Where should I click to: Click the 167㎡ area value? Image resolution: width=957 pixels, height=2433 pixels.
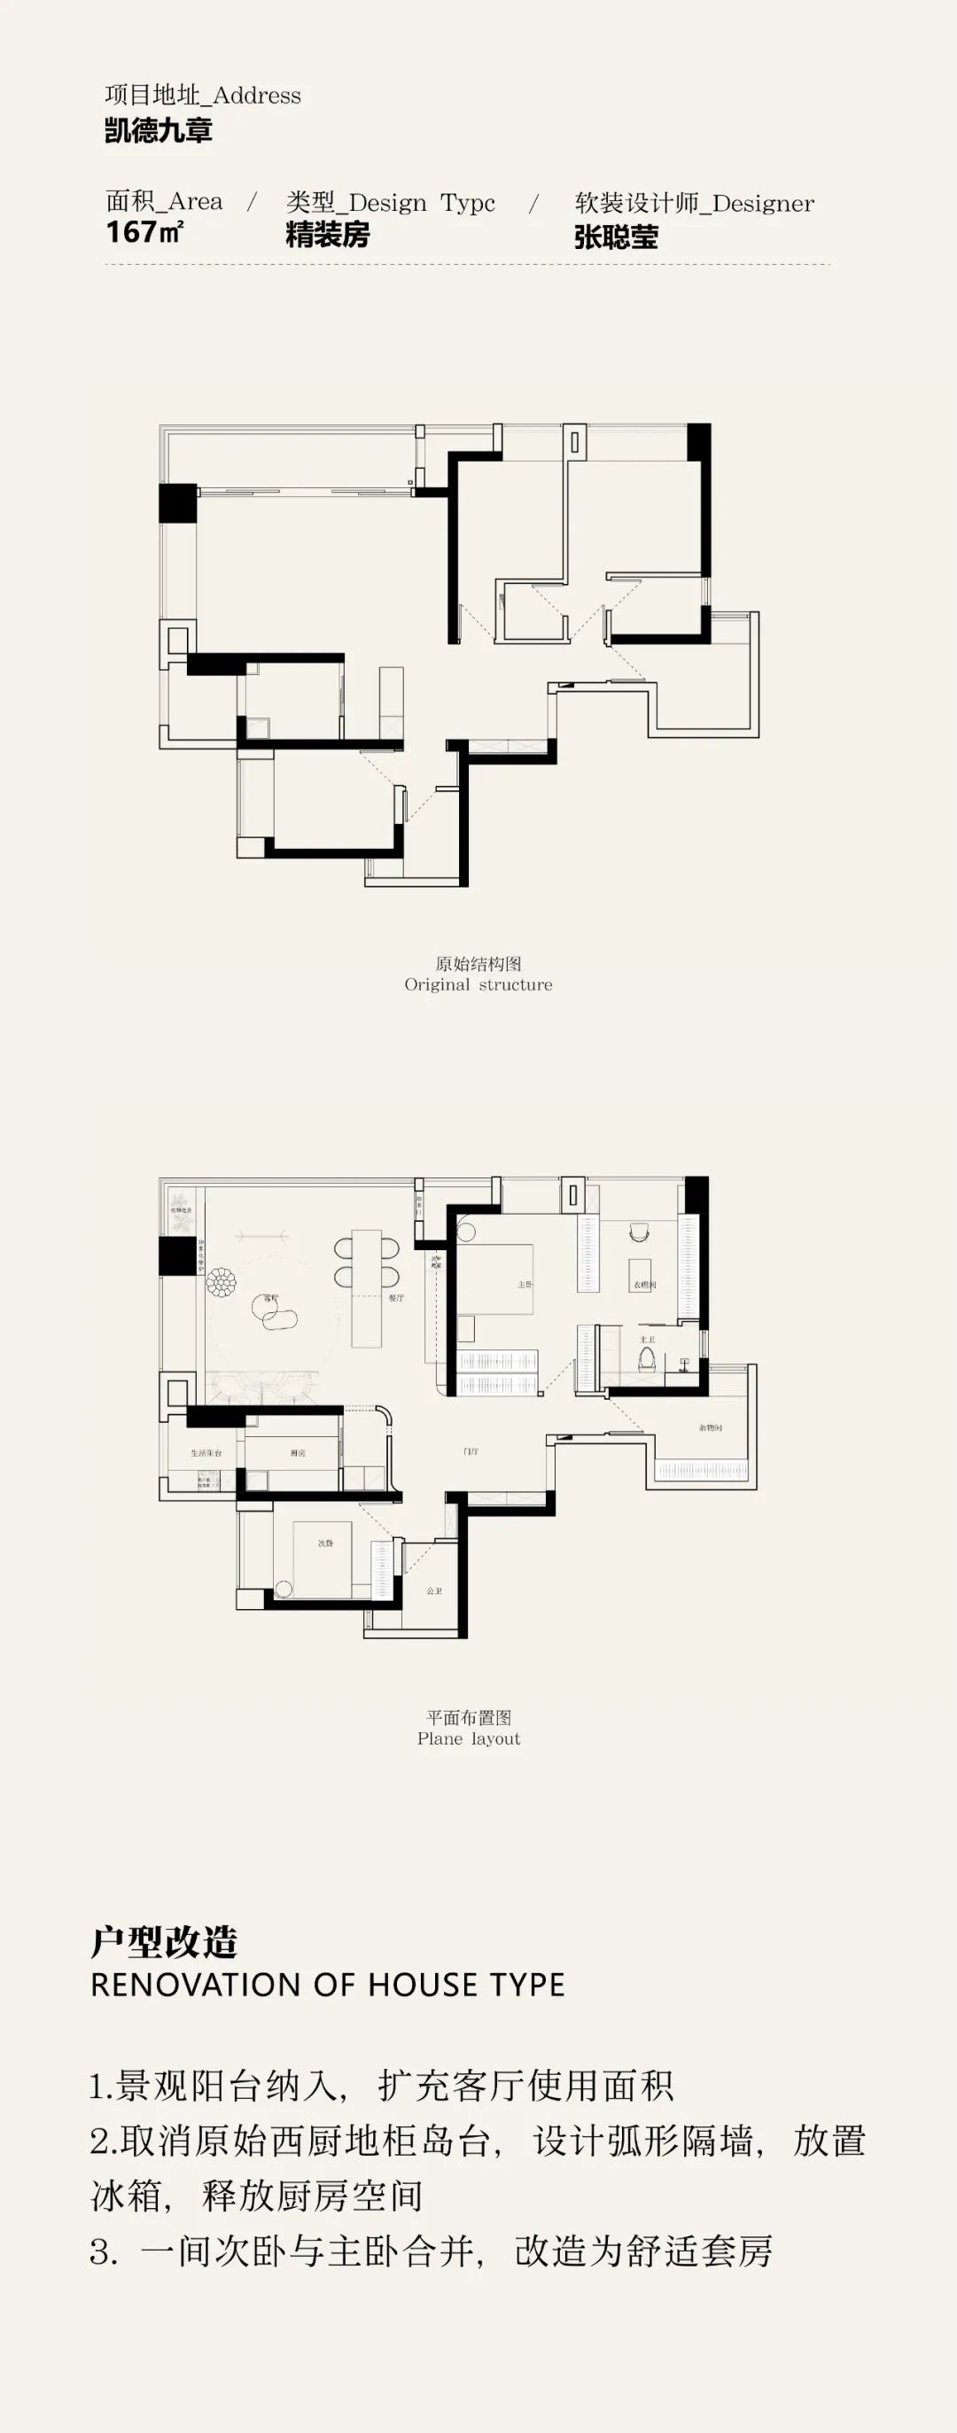point(144,231)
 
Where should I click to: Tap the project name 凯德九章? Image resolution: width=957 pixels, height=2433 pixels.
point(159,130)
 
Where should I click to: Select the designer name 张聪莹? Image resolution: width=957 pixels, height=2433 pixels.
point(616,237)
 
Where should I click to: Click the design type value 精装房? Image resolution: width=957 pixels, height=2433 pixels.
point(328,234)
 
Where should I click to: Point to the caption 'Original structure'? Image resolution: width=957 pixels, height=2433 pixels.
point(478,984)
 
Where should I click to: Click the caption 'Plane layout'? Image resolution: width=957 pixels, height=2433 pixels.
point(469,1738)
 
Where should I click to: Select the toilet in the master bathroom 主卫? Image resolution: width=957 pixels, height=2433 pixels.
point(647,1359)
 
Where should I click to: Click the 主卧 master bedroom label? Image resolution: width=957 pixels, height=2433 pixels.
point(525,1285)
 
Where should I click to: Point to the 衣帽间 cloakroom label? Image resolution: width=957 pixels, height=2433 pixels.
point(644,1285)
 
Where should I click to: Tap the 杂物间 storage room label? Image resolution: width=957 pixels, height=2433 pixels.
point(711,1427)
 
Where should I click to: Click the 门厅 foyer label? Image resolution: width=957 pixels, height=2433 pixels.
point(471,1450)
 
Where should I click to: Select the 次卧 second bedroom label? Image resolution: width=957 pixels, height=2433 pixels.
point(325,1543)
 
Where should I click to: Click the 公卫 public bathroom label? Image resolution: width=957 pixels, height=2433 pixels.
point(433,1590)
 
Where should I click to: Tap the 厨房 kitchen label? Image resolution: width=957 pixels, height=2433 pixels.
point(298,1452)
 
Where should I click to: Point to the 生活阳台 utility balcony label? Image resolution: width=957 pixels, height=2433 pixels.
point(206,1452)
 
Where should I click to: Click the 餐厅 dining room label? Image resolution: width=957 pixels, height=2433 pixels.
point(396,1298)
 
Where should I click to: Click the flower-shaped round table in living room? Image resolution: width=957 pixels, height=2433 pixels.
point(223,1282)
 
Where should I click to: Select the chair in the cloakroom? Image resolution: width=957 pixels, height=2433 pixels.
point(639,1232)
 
